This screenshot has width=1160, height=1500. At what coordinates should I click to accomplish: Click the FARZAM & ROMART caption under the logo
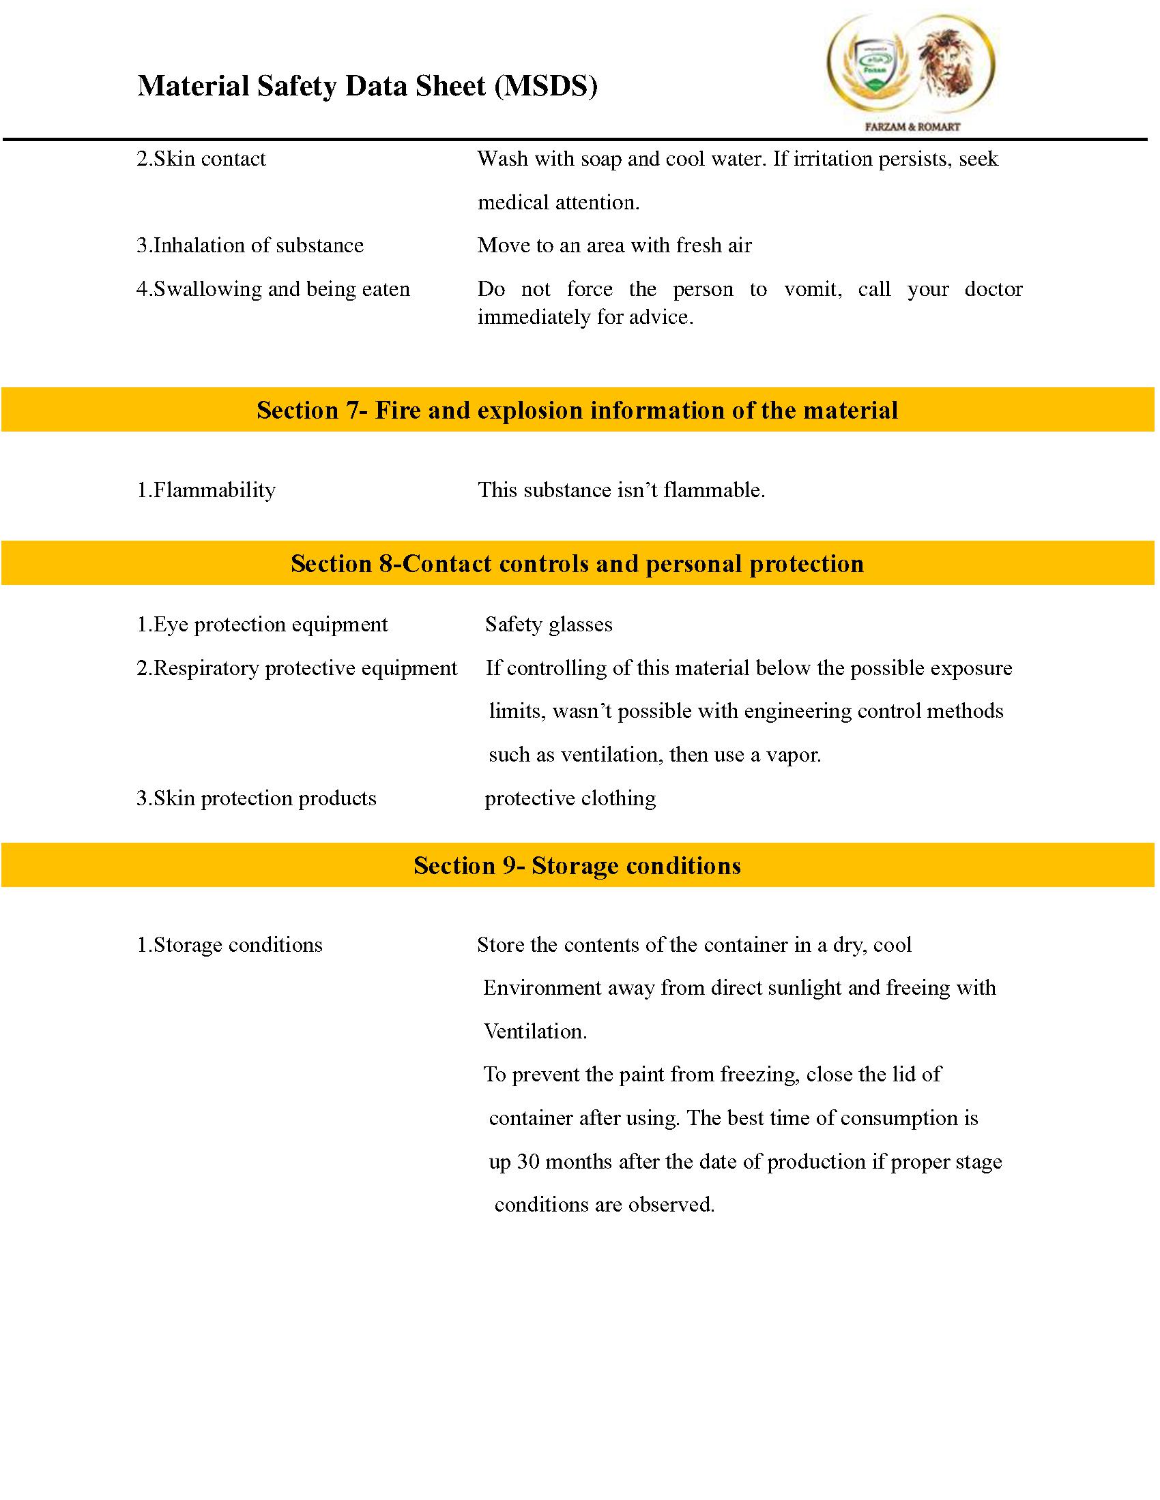pyautogui.click(x=912, y=126)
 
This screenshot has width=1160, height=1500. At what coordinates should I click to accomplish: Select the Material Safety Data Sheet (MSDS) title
pyautogui.click(x=368, y=87)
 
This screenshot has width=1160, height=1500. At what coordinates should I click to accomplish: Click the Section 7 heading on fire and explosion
pyautogui.click(x=577, y=410)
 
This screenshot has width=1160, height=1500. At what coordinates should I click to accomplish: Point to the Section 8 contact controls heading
pyautogui.click(x=577, y=563)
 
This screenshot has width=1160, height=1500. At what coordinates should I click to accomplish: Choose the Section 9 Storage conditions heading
pyautogui.click(x=577, y=865)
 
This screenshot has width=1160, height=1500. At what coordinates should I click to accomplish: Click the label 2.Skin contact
pyautogui.click(x=201, y=159)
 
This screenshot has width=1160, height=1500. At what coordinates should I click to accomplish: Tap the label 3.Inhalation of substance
pyautogui.click(x=250, y=245)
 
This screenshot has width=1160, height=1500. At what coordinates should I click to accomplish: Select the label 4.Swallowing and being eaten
pyautogui.click(x=274, y=289)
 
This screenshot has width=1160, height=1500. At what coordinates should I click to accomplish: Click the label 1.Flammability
pyautogui.click(x=206, y=490)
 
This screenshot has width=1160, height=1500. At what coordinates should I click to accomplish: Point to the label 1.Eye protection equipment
pyautogui.click(x=263, y=625)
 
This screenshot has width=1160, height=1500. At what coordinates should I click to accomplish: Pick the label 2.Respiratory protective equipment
pyautogui.click(x=297, y=667)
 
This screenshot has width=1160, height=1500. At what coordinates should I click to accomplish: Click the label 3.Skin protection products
pyautogui.click(x=257, y=798)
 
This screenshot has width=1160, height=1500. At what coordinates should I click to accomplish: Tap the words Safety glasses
pyautogui.click(x=549, y=625)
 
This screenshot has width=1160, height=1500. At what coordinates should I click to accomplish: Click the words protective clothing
pyautogui.click(x=570, y=798)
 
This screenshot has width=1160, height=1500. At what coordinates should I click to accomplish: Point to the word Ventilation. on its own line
pyautogui.click(x=536, y=1031)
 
